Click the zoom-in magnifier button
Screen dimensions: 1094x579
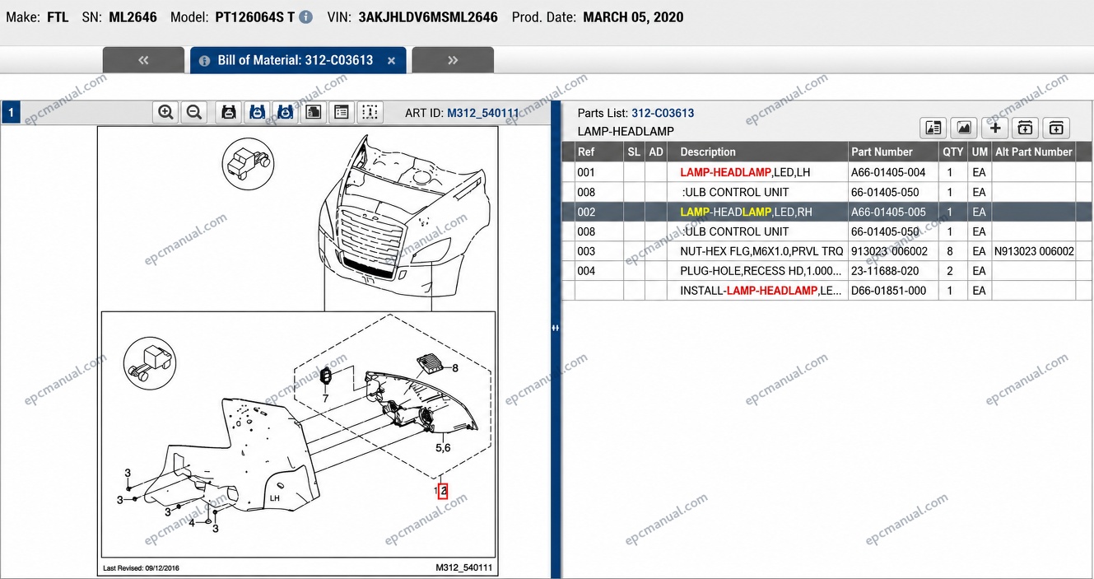click(165, 112)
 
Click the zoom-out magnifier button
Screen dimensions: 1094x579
click(194, 112)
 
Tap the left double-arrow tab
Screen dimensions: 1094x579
click(143, 60)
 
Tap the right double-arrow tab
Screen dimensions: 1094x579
click(453, 60)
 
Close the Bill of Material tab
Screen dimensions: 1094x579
click(391, 61)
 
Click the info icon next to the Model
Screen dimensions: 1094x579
click(305, 17)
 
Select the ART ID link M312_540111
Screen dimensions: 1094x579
click(483, 113)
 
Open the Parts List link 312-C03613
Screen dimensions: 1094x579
click(663, 113)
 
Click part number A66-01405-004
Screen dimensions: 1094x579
click(888, 172)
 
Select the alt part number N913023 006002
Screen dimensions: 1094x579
click(1034, 251)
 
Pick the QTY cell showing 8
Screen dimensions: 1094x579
click(949, 251)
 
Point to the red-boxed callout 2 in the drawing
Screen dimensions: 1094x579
click(443, 491)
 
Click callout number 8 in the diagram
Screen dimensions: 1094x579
click(454, 368)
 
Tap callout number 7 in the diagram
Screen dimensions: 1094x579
click(325, 399)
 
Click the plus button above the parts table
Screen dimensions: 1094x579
click(995, 128)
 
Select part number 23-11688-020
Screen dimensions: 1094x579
click(884, 271)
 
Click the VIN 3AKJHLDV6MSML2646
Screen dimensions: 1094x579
click(428, 17)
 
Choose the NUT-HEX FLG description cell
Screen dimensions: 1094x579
click(761, 251)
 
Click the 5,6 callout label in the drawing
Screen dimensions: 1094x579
click(443, 447)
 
